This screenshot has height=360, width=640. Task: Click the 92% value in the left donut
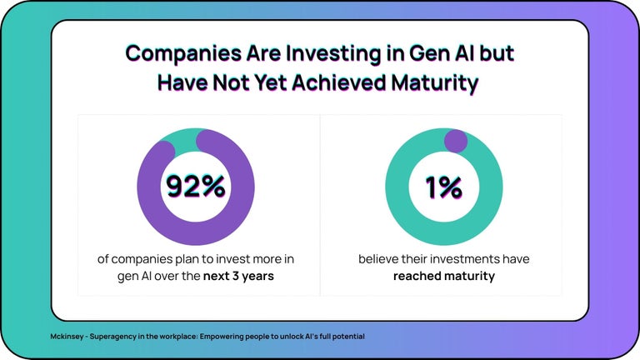195,187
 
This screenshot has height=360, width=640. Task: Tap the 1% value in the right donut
444,187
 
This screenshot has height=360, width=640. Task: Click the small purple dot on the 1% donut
455,141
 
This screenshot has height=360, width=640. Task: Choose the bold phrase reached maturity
444,276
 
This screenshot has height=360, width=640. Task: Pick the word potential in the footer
348,337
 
